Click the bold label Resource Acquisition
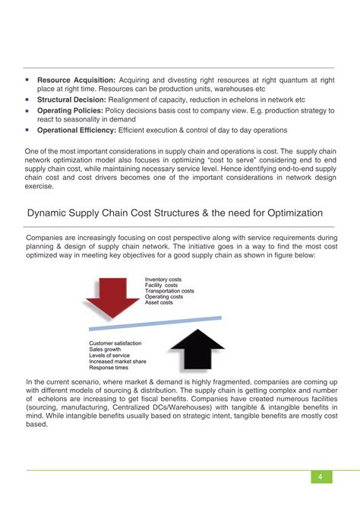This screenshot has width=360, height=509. point(76,79)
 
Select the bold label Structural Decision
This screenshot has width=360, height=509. point(71,100)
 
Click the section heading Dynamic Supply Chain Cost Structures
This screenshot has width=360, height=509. point(175,213)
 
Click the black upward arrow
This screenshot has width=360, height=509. point(197,348)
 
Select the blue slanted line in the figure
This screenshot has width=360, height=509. point(156,322)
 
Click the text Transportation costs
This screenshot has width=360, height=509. point(169,291)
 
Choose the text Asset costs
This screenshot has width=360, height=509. point(159,302)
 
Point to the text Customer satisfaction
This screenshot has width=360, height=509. point(115,343)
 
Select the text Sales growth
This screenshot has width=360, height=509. point(106,349)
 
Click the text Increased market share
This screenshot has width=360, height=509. point(118,361)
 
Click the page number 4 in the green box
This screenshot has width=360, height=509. point(321,477)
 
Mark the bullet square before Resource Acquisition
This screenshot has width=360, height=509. point(27,79)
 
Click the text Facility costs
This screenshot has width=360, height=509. point(162,285)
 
